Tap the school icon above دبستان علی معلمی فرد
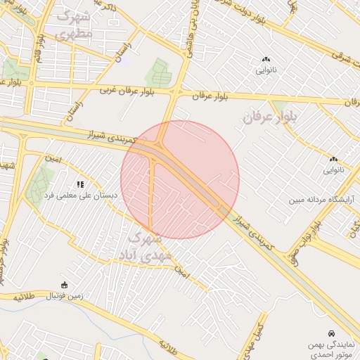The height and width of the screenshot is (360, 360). [80, 185]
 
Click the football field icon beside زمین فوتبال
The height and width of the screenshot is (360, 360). [65, 285]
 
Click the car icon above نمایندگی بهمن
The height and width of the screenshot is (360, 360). [330, 332]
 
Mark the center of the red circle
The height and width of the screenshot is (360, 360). [180, 179]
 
